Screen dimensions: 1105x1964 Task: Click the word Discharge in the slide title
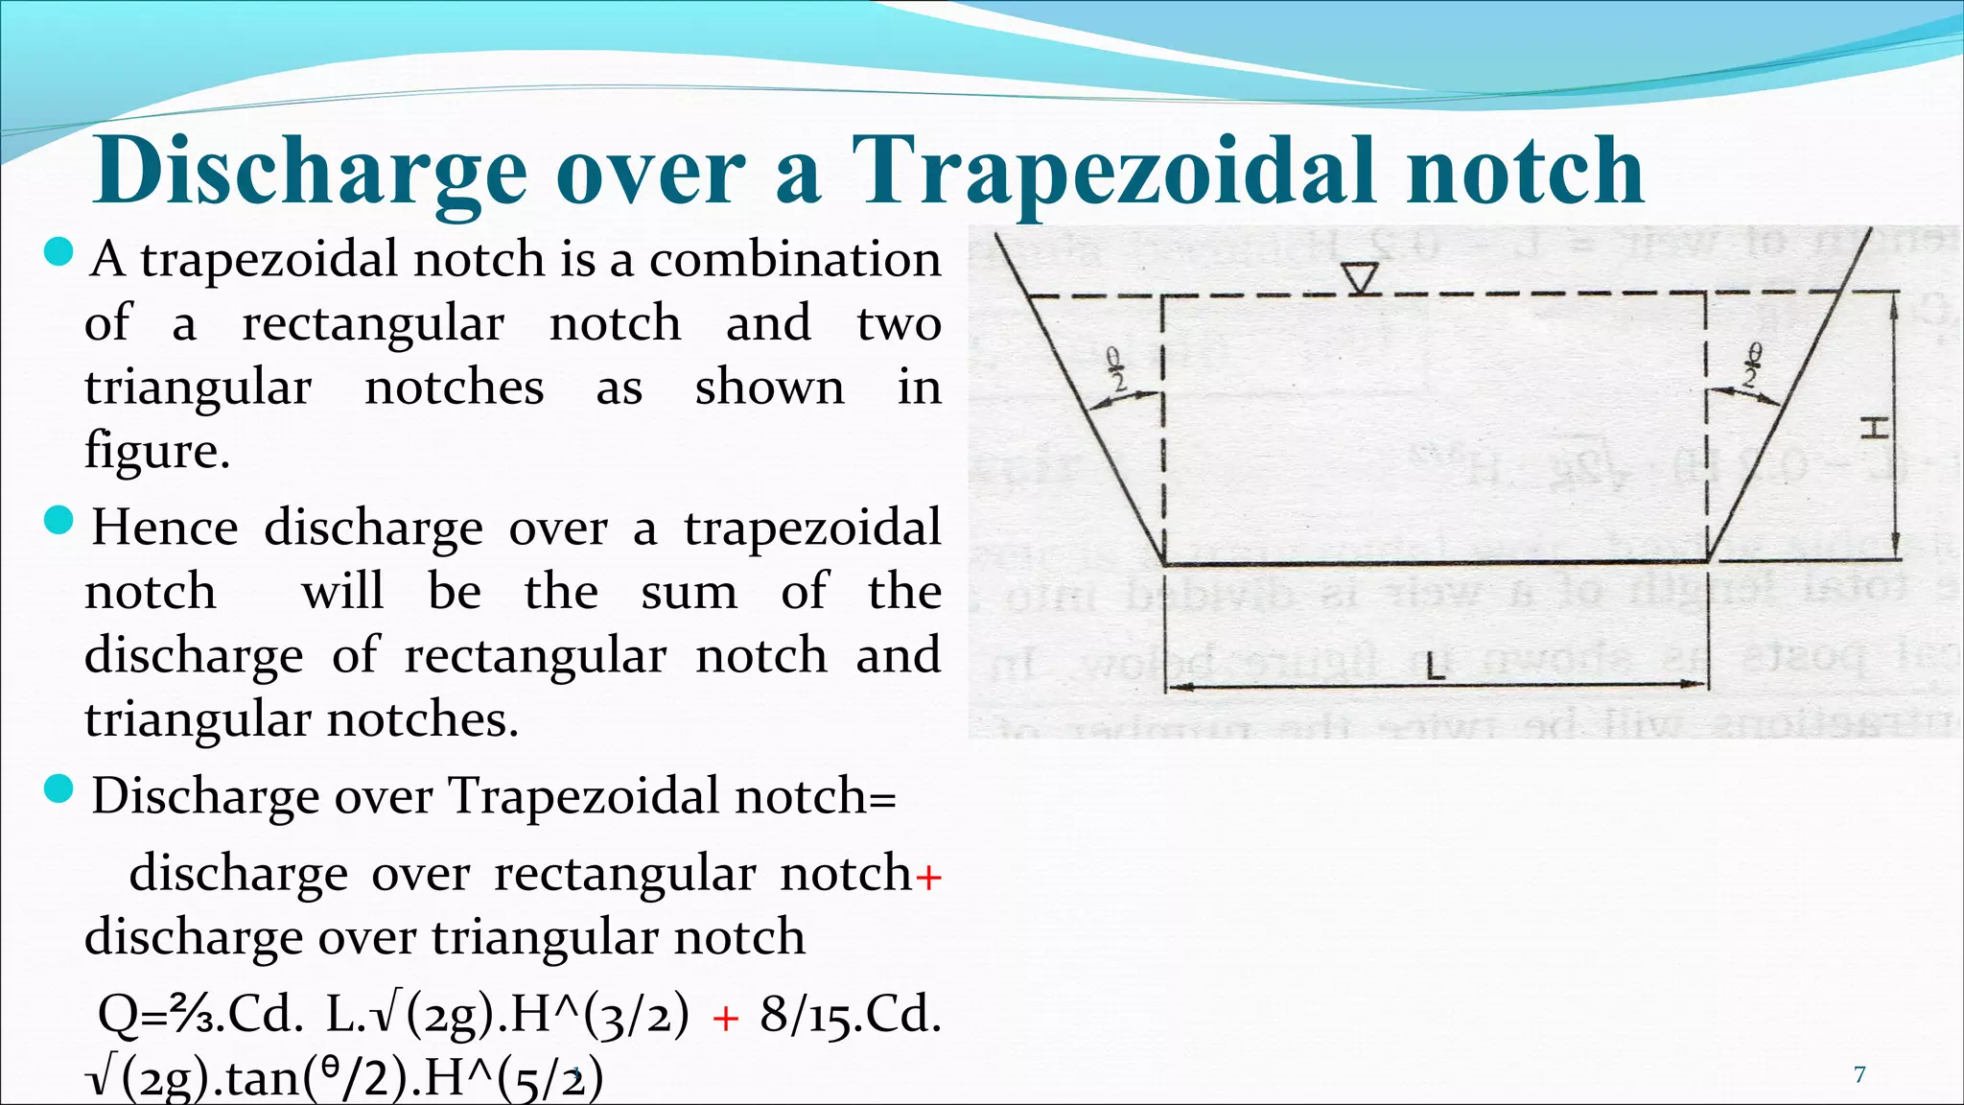pyautogui.click(x=310, y=173)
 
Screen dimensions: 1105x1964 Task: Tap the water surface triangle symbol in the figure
pyautogui.click(x=1360, y=278)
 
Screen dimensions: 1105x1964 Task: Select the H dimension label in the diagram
pyautogui.click(x=1874, y=428)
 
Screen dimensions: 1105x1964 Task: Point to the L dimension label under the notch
pyautogui.click(x=1435, y=666)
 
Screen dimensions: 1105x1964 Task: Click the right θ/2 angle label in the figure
pyautogui.click(x=1752, y=364)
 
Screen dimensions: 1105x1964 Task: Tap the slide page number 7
pyautogui.click(x=1859, y=1075)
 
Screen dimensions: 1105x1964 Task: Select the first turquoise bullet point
pyautogui.click(x=59, y=253)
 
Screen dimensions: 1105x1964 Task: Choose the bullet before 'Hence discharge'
pyautogui.click(x=59, y=522)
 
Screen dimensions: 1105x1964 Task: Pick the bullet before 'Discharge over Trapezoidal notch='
pyautogui.click(x=59, y=790)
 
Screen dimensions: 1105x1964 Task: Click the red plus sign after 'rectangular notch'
pyautogui.click(x=928, y=877)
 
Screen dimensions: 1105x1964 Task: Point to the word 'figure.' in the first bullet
pyautogui.click(x=157, y=451)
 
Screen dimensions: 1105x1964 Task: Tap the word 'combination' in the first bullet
pyautogui.click(x=795, y=260)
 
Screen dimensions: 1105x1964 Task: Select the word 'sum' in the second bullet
pyautogui.click(x=689, y=592)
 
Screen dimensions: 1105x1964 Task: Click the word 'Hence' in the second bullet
pyautogui.click(x=165, y=528)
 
